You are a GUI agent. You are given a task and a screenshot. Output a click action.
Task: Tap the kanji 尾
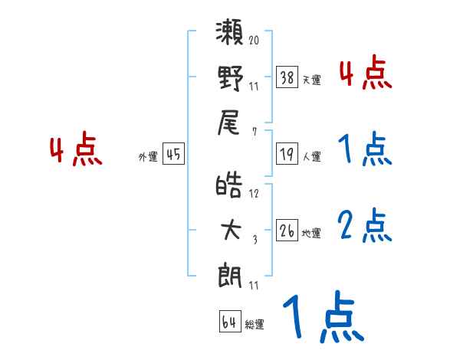point(230,121)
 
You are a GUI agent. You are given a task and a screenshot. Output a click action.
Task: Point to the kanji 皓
point(230,187)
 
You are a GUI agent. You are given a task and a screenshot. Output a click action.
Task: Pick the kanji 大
point(230,231)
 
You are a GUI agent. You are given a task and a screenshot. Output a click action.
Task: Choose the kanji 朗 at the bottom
point(230,273)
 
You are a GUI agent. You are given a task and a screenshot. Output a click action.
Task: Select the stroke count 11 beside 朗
point(254,286)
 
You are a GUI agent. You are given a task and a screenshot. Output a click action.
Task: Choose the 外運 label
point(148,157)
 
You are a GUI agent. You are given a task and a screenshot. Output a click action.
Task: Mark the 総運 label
point(254,324)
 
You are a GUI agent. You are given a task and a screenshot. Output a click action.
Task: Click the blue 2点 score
point(365,226)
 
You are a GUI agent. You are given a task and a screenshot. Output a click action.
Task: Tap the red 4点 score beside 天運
point(365,74)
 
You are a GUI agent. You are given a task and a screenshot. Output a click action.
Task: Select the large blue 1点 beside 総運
point(322,319)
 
